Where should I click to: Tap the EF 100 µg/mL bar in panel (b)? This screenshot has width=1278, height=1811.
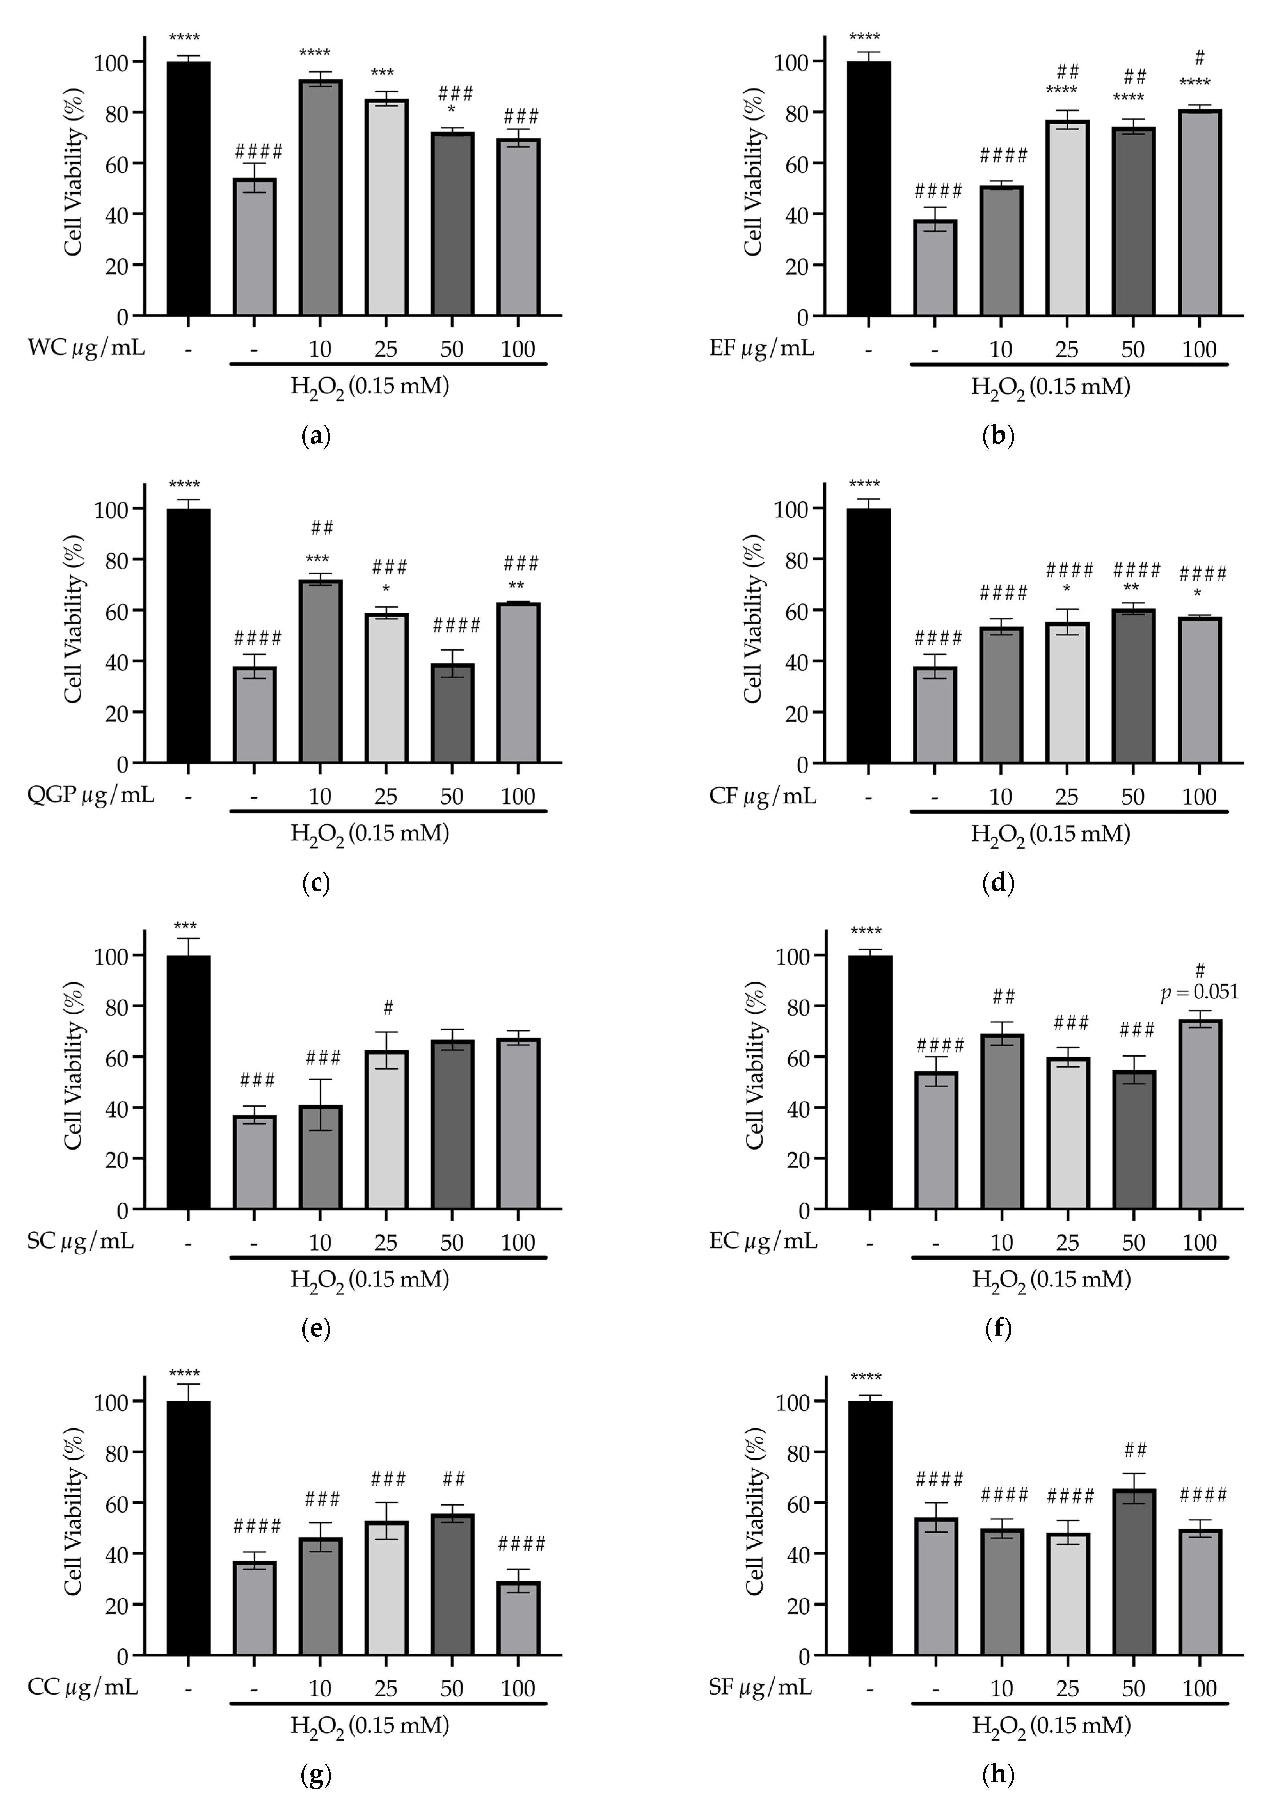(1199, 213)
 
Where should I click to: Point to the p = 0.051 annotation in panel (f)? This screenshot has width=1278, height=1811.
(1199, 992)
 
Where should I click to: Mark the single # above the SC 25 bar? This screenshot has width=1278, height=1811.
(387, 1008)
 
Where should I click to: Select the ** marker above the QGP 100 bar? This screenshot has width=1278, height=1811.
(516, 585)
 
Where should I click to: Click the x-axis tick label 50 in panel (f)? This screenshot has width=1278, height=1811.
(1133, 1242)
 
